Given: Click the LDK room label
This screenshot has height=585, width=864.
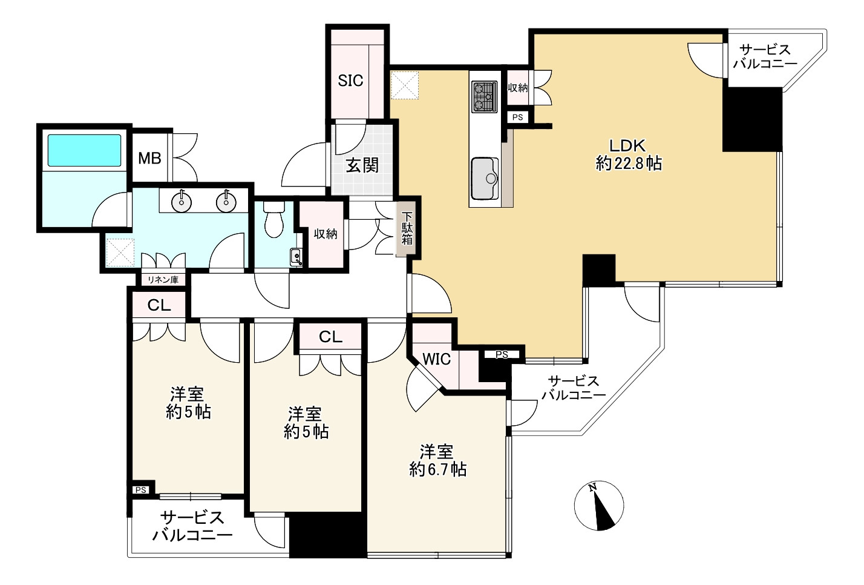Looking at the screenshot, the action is (627, 145).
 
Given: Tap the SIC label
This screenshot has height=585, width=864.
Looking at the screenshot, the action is (350, 81).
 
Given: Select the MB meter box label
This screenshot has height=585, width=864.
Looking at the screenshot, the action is (149, 158).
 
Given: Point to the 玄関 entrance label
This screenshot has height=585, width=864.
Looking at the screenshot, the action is (362, 166).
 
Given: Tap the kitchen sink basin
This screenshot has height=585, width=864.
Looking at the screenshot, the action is (485, 179).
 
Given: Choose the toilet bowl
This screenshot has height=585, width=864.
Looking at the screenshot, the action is (274, 219).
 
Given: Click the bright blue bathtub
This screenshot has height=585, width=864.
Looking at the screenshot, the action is (84, 150).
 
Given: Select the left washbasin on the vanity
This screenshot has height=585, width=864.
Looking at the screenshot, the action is (182, 201).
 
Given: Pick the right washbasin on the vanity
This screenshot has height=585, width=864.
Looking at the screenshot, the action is (226, 201).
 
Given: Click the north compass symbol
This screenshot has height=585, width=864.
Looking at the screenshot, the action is (598, 506).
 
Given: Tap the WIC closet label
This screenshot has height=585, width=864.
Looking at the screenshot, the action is (437, 359).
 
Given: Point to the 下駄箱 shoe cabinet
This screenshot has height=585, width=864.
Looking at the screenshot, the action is (407, 228).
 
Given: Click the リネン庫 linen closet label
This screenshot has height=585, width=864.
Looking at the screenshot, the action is (163, 280).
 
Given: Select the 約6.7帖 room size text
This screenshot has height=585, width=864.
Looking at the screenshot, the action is (438, 469).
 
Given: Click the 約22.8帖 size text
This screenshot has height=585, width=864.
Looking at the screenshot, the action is (629, 164).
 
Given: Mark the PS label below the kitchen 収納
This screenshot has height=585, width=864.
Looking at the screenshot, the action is (518, 117).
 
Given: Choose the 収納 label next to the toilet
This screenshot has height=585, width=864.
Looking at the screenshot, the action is (325, 234).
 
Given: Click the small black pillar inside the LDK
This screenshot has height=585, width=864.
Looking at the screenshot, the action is (598, 269).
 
